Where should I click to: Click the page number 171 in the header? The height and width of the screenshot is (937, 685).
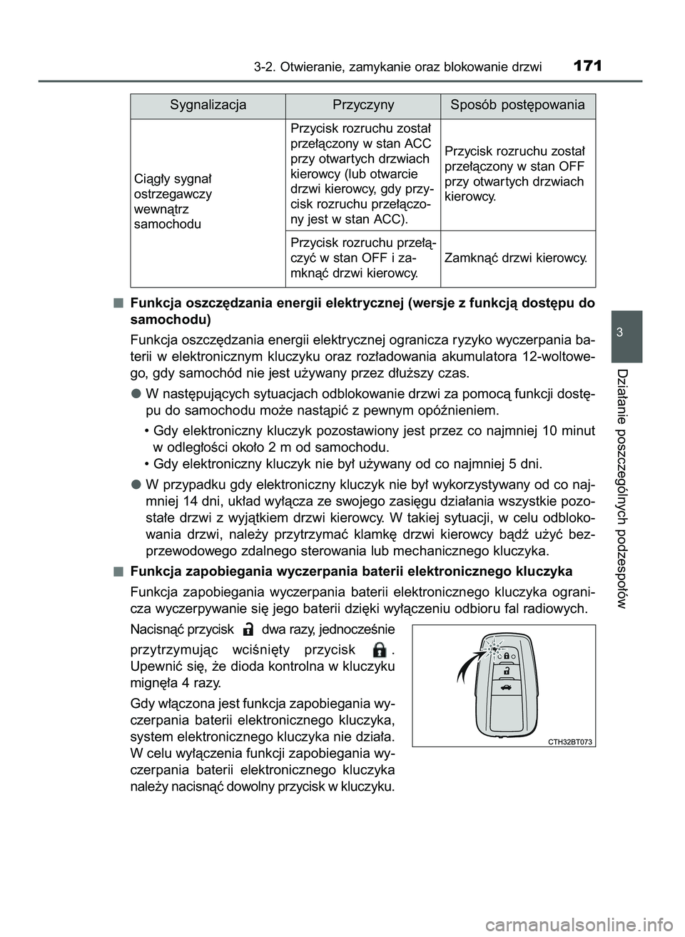pos(587,66)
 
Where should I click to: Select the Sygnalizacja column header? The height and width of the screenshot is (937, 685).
pos(208,105)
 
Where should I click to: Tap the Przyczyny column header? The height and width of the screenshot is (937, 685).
pos(363,105)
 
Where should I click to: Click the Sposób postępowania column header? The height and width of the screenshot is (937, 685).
pos(517,105)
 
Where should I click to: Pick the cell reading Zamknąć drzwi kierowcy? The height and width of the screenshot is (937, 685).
pos(515,258)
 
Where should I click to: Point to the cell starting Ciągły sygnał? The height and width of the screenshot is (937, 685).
pos(173,201)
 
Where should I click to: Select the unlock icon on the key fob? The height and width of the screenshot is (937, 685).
pos(505,672)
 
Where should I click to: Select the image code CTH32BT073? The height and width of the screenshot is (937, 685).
pos(570,742)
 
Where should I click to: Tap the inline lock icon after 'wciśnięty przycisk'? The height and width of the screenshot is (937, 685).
pos(380,649)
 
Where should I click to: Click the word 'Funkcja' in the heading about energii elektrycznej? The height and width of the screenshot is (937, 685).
pos(153,303)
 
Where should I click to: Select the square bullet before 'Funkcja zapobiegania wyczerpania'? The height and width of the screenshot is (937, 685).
pos(116,571)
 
